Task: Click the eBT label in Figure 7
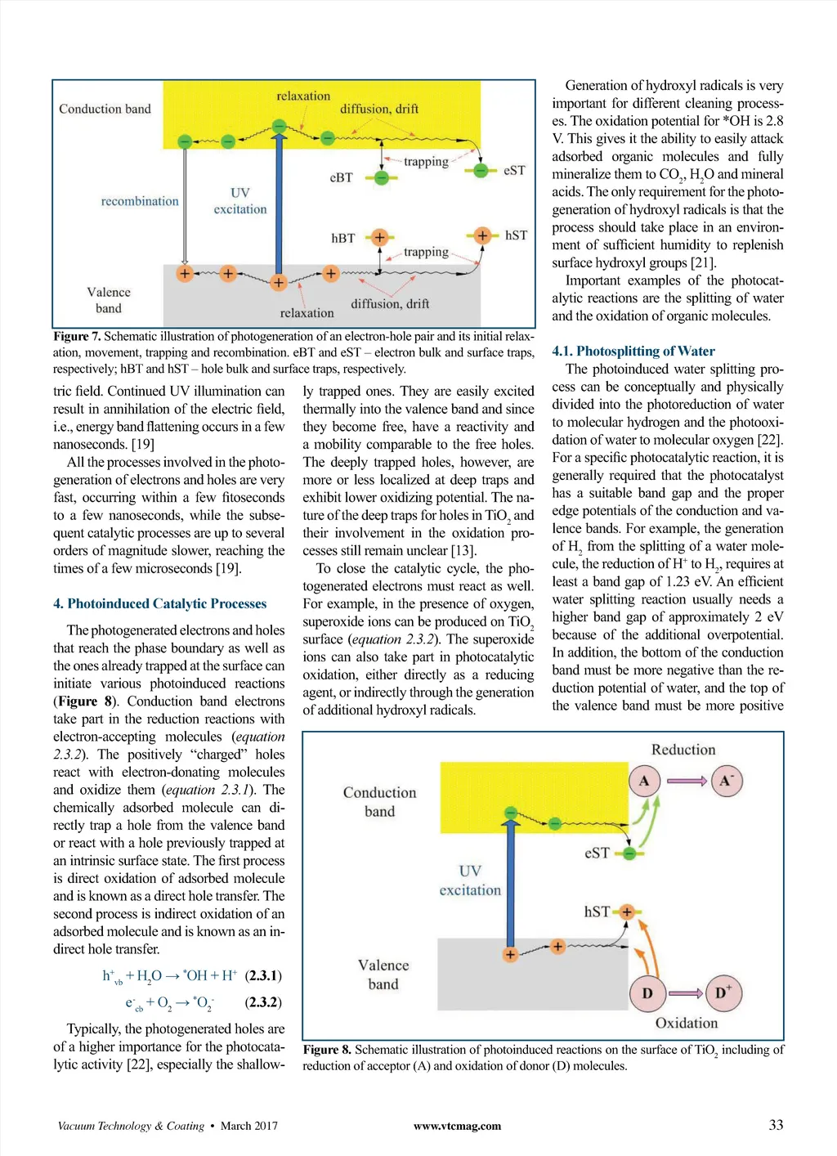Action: [341, 177]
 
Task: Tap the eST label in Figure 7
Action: [514, 170]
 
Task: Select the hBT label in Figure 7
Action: [342, 238]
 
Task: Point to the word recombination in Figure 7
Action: [140, 201]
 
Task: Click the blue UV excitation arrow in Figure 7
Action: [280, 204]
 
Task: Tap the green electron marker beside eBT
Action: [381, 177]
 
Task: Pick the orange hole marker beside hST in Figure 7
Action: [482, 235]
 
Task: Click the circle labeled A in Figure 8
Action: [644, 781]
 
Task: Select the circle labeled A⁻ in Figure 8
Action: [726, 781]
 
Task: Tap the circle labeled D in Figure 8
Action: [647, 993]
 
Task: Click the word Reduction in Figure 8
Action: [683, 750]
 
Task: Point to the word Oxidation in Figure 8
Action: [686, 1023]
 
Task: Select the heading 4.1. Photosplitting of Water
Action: [633, 351]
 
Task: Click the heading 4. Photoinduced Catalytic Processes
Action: [160, 603]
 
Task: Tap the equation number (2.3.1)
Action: [263, 975]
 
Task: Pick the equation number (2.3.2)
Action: [263, 1001]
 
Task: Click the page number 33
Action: [776, 1125]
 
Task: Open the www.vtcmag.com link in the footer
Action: [457, 1126]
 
